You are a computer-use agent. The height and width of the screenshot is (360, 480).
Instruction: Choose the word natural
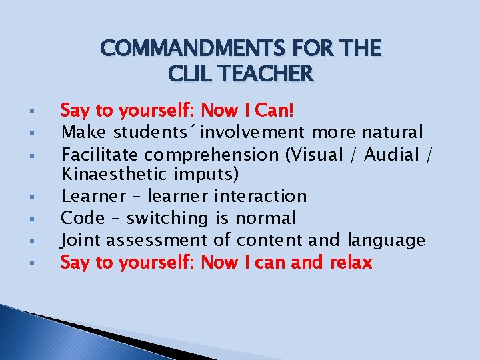click(x=390, y=132)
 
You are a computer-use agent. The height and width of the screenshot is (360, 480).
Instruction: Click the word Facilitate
click(x=100, y=155)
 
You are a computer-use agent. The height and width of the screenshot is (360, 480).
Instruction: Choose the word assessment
click(x=156, y=240)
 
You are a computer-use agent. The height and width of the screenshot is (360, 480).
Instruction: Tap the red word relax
click(x=351, y=263)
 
